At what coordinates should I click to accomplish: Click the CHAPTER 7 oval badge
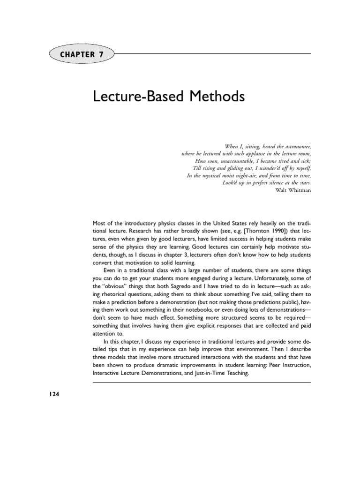(x=81, y=54)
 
